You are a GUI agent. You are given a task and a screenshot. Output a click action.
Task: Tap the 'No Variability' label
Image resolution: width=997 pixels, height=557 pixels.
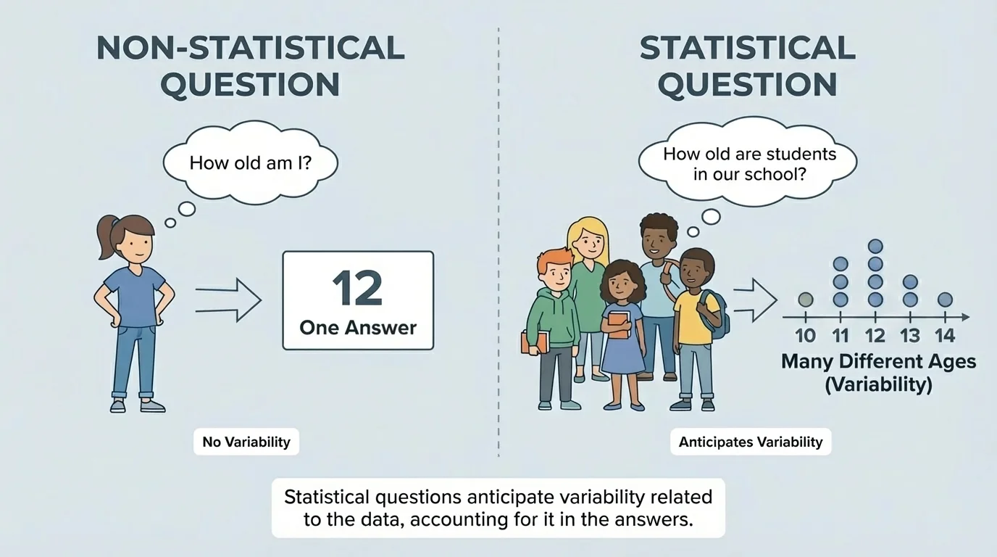tap(246, 442)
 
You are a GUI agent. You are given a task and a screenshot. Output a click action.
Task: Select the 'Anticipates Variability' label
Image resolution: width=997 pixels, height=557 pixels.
tap(751, 442)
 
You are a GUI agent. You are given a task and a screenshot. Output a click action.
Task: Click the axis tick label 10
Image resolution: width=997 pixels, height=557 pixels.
tap(805, 336)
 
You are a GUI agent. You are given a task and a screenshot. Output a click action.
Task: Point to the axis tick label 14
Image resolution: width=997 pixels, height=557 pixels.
tap(944, 336)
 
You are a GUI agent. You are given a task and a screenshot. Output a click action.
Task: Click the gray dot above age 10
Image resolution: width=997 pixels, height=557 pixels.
tap(805, 299)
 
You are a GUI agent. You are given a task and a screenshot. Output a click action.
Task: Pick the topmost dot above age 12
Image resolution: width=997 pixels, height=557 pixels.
tap(875, 247)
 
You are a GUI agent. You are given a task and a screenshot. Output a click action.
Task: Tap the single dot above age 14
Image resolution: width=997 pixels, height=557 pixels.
tap(945, 299)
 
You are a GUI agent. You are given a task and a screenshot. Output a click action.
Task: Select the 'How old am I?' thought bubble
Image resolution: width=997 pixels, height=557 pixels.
tap(250, 162)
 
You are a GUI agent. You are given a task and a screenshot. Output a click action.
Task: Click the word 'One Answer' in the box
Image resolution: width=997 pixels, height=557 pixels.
tap(358, 327)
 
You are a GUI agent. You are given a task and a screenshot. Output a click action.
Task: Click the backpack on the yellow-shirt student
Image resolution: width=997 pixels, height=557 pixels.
tap(717, 315)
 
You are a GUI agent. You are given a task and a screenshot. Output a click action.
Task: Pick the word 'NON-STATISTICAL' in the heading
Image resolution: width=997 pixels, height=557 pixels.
tap(250, 48)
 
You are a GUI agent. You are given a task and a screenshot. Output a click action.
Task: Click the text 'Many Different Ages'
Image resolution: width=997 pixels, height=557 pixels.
tap(878, 361)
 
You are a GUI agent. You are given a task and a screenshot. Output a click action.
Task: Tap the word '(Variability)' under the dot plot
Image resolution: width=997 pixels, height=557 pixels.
tap(878, 384)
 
